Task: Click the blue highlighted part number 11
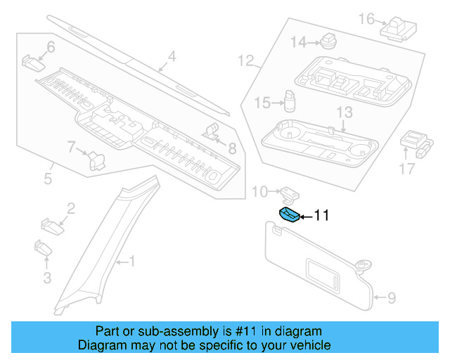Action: (x=288, y=214)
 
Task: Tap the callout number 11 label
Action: (x=321, y=217)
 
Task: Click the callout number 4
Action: (x=172, y=57)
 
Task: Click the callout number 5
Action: (x=48, y=179)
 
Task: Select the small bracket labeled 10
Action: (x=290, y=191)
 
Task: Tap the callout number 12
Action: (x=245, y=61)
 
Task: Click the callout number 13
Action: (x=343, y=112)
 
